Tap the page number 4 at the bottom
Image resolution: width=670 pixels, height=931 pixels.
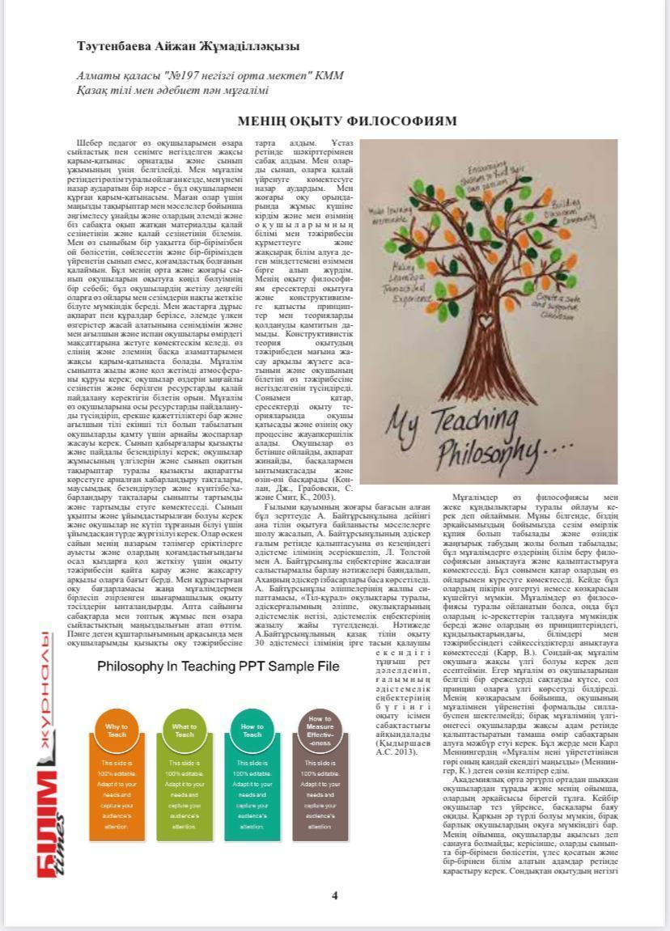point(334,895)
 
